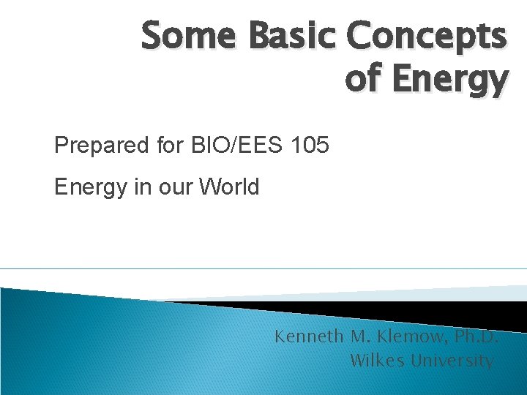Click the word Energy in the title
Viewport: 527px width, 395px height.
448,80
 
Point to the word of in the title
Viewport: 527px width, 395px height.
364,80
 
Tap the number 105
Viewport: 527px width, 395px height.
310,146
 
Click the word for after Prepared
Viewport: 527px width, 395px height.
169,146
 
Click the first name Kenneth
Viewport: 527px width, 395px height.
306,337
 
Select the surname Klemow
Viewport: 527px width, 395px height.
405,337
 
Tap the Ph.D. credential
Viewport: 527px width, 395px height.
476,337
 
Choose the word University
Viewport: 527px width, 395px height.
452,361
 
